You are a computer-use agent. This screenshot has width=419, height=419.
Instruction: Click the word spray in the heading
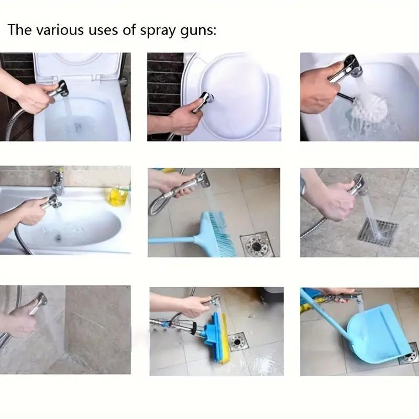tap(159, 30)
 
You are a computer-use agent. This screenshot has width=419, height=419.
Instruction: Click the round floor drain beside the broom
tap(257, 244)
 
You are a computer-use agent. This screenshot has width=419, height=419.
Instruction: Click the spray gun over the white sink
tap(51, 202)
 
